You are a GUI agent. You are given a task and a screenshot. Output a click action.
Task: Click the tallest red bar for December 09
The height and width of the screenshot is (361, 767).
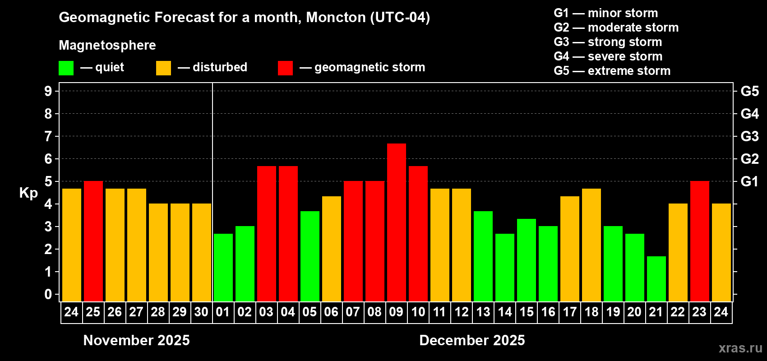(396, 222)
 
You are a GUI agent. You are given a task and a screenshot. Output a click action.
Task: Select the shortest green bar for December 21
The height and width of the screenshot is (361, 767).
(656, 278)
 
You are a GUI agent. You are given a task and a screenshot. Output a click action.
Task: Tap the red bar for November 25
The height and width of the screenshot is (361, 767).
(93, 241)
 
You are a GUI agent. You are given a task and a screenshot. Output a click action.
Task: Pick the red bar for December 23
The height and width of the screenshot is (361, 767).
(699, 241)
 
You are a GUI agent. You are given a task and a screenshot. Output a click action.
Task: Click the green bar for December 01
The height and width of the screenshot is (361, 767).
(223, 267)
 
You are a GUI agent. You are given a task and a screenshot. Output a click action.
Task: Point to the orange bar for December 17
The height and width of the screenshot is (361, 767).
(569, 249)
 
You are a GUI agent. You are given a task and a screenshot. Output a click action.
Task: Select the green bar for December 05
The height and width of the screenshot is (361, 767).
(310, 256)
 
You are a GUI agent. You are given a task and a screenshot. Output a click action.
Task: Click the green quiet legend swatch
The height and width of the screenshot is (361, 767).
(66, 68)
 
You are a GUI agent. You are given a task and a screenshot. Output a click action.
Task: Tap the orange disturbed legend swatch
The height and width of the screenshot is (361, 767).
(163, 68)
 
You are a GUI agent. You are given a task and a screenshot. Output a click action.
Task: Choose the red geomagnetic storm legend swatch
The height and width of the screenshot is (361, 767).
(285, 68)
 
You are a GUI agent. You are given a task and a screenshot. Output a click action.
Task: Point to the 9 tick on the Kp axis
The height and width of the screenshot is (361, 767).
(48, 91)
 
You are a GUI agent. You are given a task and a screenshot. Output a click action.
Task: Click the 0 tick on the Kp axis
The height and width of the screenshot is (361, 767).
(48, 294)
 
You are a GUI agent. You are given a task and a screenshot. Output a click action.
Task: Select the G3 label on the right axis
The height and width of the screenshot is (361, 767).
(749, 136)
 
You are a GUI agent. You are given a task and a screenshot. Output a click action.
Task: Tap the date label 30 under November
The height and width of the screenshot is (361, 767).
(201, 312)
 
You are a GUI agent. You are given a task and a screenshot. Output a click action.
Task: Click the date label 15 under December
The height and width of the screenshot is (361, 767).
(526, 312)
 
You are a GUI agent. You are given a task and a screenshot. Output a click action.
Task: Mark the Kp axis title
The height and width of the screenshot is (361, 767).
(28, 193)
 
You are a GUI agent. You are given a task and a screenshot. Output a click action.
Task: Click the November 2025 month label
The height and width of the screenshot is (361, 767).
(136, 340)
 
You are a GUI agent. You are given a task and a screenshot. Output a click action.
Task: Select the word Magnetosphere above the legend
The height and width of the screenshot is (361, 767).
(107, 45)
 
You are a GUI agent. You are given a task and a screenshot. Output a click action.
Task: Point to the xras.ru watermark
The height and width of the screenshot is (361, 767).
(740, 348)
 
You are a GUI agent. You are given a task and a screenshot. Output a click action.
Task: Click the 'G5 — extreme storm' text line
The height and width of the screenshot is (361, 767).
(612, 71)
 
